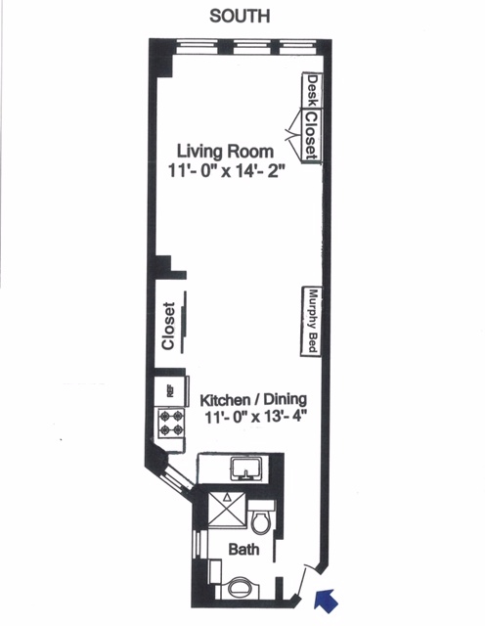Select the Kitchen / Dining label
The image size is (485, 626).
click(x=254, y=400)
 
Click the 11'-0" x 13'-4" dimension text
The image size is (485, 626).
click(x=254, y=418)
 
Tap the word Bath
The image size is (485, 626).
click(x=243, y=551)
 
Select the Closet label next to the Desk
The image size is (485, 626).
click(x=310, y=137)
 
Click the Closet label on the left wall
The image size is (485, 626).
click(x=168, y=326)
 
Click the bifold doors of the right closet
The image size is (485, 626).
click(x=292, y=123)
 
